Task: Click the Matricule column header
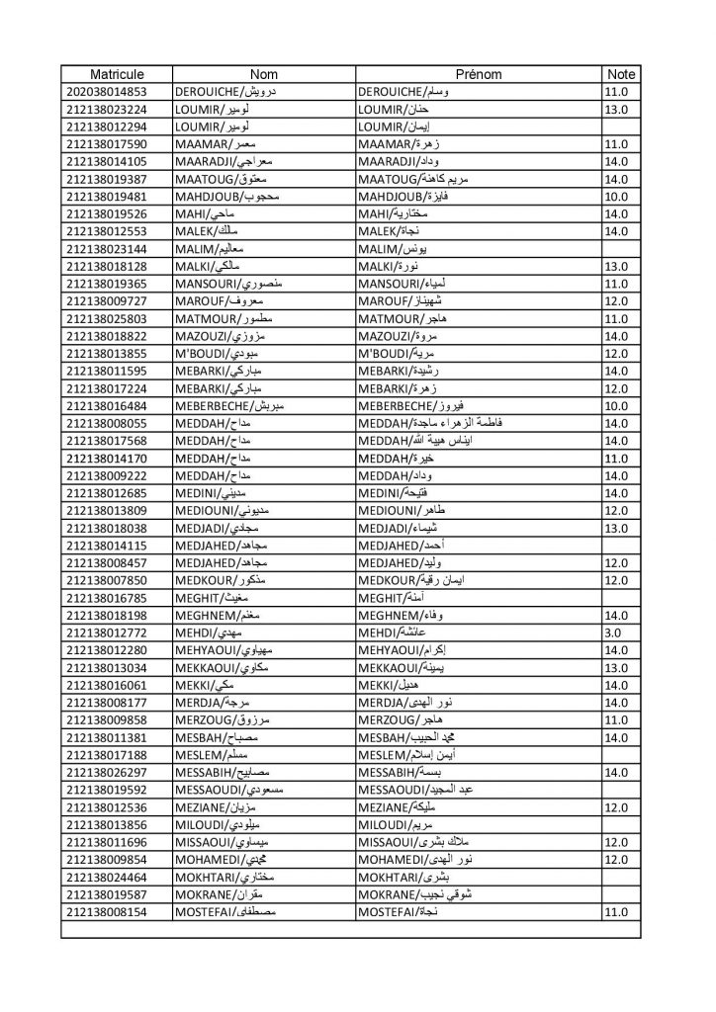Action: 117,74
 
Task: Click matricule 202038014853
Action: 117,91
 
